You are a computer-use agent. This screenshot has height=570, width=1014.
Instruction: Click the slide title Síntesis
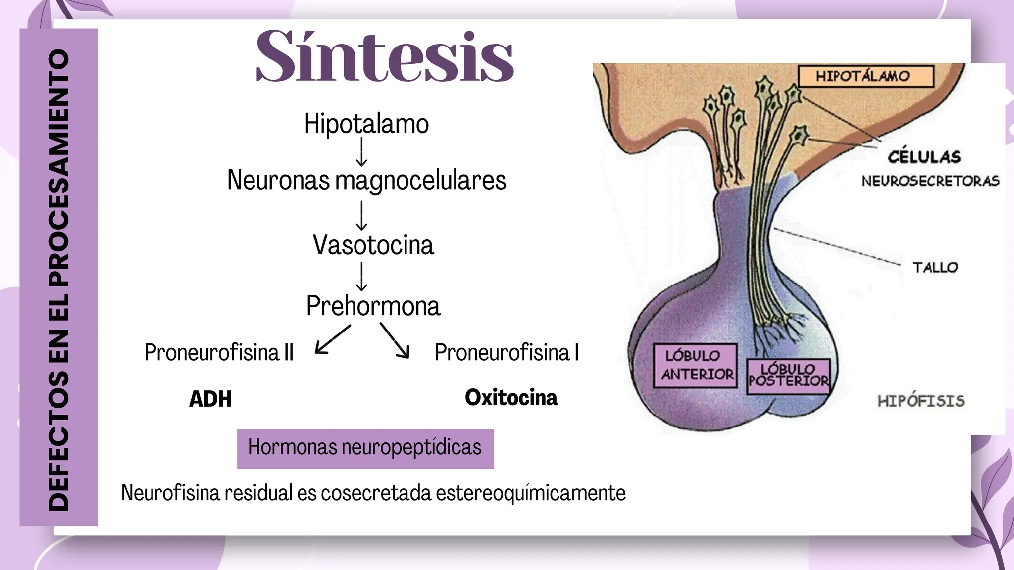coord(385,55)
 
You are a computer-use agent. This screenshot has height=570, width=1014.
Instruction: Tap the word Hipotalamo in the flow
coord(366,123)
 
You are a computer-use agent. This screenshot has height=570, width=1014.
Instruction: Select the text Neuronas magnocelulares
coord(366,180)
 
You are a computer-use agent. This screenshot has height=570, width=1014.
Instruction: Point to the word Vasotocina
coord(373,244)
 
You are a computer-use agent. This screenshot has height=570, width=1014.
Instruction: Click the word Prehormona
coord(373,305)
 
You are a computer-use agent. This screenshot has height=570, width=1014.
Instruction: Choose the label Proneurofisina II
coord(219,352)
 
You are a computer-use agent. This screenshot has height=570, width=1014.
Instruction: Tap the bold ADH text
coord(210,399)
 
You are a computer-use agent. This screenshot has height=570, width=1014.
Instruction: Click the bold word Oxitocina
coord(511,397)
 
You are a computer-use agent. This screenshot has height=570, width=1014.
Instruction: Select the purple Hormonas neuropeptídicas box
coord(365,449)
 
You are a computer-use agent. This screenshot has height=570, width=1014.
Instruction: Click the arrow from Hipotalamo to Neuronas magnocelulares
coord(362,151)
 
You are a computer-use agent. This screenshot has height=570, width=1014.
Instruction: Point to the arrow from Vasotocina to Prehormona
coord(362,276)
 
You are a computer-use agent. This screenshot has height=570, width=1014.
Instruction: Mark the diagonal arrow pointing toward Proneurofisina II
coord(333,339)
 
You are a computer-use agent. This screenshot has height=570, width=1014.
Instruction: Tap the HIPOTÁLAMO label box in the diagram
coord(866,76)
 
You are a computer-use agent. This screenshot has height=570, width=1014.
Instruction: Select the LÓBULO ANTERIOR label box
coord(695,365)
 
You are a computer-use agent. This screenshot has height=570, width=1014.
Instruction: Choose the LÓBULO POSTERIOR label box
coord(788,377)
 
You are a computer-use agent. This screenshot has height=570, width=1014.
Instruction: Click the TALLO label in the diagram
coord(935,268)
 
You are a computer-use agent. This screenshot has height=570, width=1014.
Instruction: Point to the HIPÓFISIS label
coord(921,401)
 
